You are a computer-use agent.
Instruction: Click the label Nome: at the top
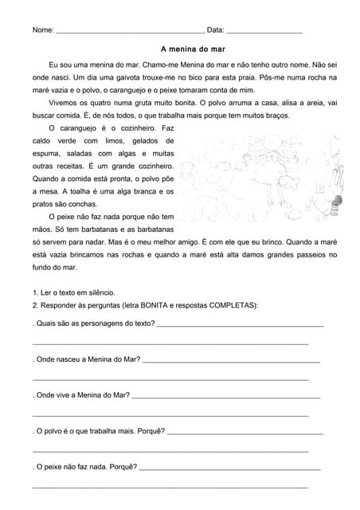point(43,30)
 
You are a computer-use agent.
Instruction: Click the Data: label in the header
point(215,30)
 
